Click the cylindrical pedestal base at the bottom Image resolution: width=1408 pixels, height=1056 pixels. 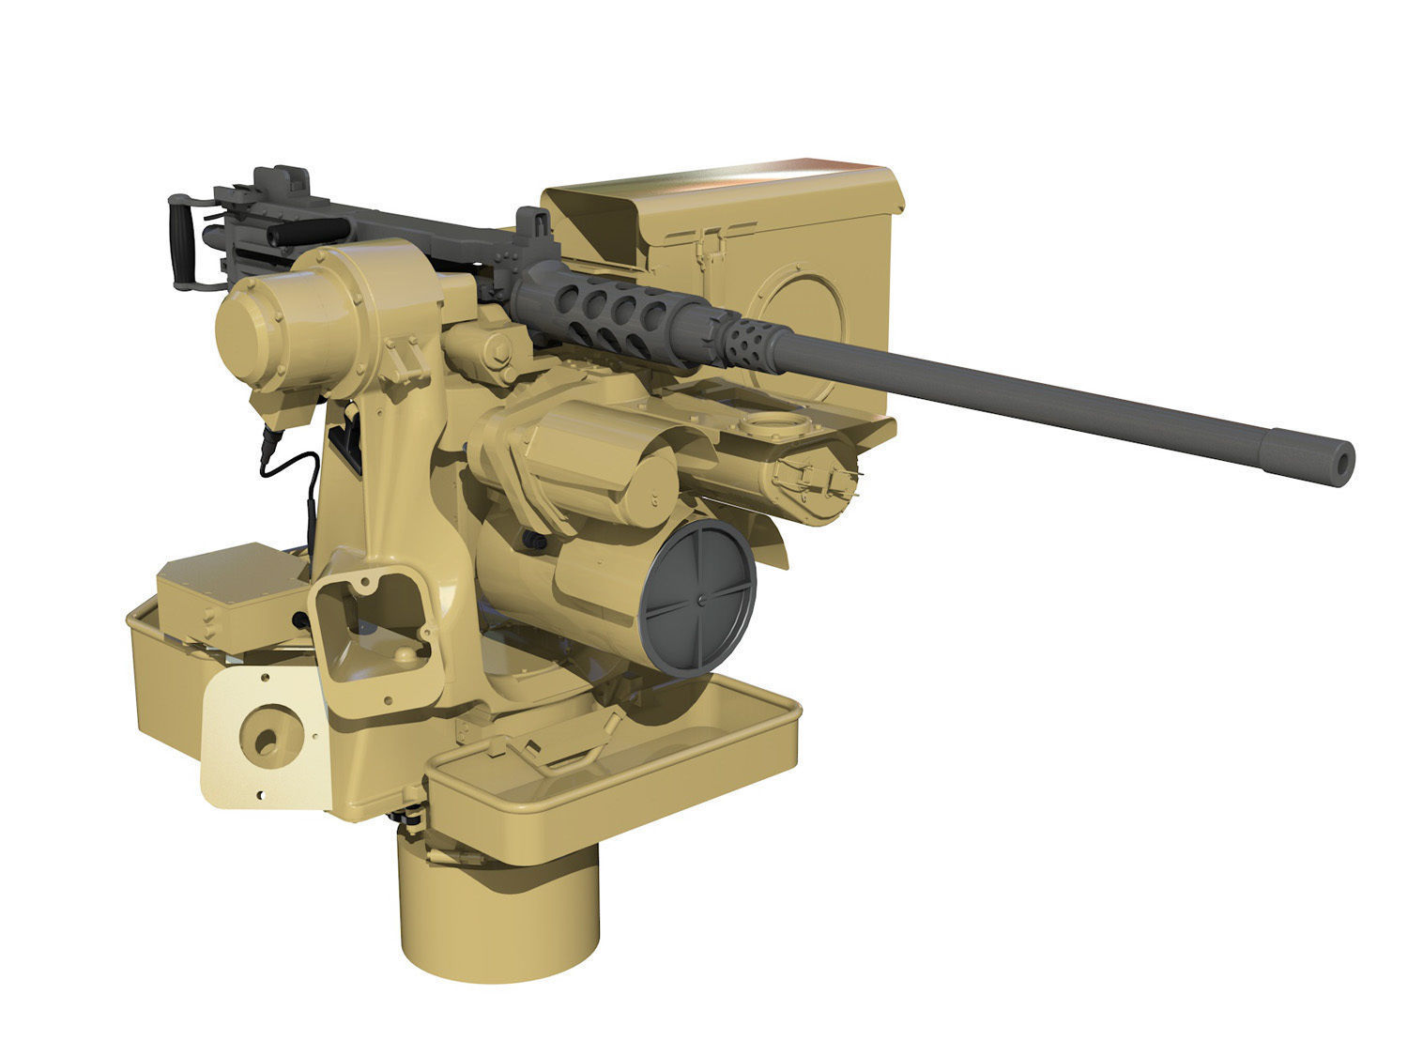point(498,902)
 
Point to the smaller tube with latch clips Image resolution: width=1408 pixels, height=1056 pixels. point(807,479)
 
